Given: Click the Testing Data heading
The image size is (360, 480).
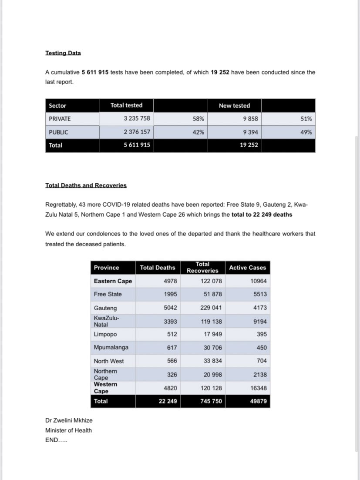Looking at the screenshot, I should pos(63,53).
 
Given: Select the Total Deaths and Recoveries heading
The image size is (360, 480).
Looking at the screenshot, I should pos(86,185).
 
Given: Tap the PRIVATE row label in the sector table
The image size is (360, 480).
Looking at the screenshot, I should pos(60,118).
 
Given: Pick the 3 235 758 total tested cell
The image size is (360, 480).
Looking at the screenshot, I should pos(137,118).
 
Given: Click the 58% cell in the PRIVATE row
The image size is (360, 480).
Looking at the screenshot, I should pos(198,118).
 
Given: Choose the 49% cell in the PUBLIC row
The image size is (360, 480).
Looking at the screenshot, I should pos(306,132).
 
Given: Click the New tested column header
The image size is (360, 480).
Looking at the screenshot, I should pos(234,105).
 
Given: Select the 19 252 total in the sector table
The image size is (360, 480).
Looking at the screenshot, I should pos(249,145).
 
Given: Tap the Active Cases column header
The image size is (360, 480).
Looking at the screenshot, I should pos(247,268).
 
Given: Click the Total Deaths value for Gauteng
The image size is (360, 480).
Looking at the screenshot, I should pos(170,308).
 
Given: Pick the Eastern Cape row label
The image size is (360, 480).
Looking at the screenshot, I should pos(113,281).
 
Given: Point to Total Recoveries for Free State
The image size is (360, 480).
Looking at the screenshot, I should pos(212,294).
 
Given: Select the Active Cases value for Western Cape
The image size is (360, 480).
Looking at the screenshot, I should pos(259,388).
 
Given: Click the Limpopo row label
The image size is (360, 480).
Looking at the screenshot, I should pos(106,334).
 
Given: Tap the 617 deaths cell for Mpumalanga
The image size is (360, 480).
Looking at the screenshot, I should pos(172,348).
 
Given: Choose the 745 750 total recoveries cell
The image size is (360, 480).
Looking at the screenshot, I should pos(211,401).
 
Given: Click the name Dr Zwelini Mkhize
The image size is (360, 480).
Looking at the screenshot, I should pos(69,420).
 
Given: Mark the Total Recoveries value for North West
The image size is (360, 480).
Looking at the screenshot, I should pos(212,361).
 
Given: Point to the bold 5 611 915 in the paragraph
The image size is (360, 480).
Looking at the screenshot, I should pos(95,72).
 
